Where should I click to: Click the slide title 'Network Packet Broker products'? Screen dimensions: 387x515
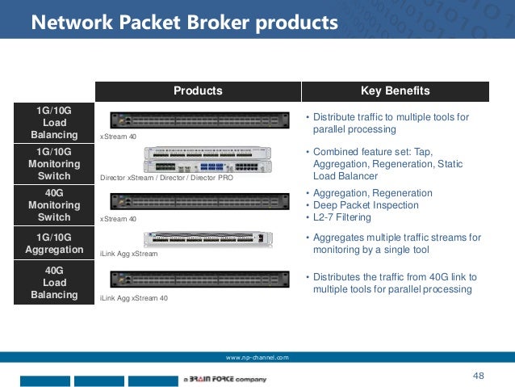click(184, 23)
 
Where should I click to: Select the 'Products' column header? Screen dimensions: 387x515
click(198, 90)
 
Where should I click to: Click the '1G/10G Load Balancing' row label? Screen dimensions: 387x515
click(54, 122)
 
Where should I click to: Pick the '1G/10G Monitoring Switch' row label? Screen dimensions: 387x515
click(54, 163)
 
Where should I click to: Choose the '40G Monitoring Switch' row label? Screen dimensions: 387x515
click(54, 205)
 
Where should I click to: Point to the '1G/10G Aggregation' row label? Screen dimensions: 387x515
click(54, 243)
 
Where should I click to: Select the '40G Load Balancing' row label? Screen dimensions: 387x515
click(54, 283)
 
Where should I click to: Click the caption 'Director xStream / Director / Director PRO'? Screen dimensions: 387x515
click(166, 178)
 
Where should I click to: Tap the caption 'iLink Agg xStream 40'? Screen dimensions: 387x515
click(133, 298)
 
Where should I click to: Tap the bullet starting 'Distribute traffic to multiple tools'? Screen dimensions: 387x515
click(391, 123)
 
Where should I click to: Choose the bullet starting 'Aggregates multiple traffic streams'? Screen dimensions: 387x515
click(396, 244)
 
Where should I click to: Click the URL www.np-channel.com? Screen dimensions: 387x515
click(257, 357)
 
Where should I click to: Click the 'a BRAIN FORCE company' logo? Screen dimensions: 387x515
click(224, 378)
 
